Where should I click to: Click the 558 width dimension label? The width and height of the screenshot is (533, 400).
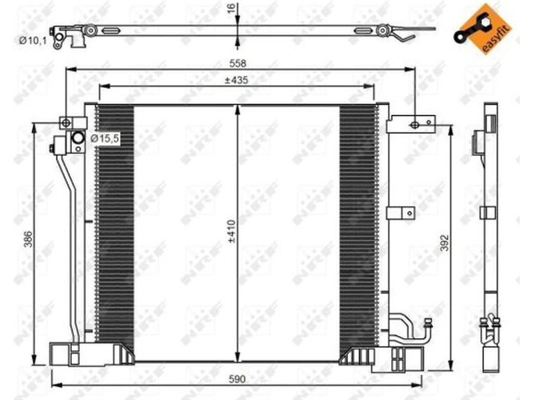tap(238, 63)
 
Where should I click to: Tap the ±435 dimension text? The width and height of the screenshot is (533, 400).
tap(237, 81)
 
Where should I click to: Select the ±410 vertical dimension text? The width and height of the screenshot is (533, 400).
tap(232, 231)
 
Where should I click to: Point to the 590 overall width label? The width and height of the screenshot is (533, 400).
tap(237, 379)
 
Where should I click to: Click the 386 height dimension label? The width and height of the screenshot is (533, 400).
tap(29, 239)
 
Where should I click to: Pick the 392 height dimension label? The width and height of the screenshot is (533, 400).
tap(444, 243)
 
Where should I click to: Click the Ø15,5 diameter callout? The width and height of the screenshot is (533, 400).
tap(105, 139)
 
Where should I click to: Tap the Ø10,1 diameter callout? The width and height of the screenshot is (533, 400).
tap(33, 41)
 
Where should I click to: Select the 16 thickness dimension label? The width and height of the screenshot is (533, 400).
tap(231, 9)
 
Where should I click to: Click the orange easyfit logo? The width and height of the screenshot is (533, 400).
tap(482, 29)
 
